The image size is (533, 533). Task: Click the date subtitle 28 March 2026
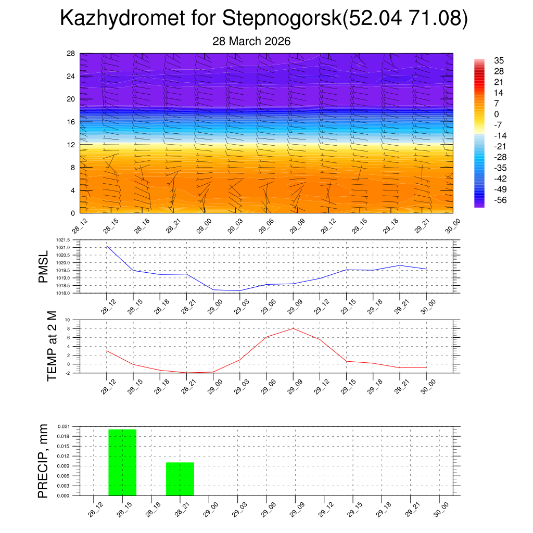tap(251, 41)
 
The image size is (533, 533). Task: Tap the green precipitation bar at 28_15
tap(122, 462)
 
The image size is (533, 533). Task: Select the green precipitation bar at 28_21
tap(180, 479)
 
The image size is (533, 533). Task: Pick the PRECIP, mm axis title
tap(43, 461)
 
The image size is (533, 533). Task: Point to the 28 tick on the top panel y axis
tap(71, 54)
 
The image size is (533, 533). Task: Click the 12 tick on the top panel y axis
tap(71, 145)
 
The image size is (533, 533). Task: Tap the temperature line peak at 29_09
tap(293, 328)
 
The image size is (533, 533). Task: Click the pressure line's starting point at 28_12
tap(107, 246)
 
